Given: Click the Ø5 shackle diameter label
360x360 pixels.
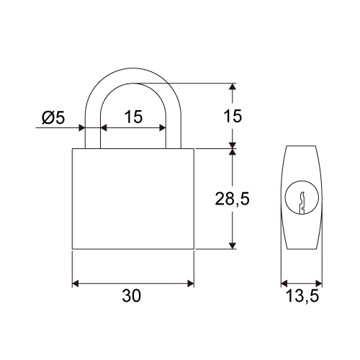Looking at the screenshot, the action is point(53,118).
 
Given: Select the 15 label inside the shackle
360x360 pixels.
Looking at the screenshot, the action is point(133,117).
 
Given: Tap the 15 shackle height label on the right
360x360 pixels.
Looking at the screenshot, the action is point(233,116).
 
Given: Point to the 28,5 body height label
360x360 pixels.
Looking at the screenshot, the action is point(232,199).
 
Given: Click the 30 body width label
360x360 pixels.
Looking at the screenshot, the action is point(132,295).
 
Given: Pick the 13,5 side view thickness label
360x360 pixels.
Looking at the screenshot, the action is point(302,296).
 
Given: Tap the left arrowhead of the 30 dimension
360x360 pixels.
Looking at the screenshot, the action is point(76,284).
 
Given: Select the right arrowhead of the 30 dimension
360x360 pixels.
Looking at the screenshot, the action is point(191,284).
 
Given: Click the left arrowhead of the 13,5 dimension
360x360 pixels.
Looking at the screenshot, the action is point(284,283).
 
